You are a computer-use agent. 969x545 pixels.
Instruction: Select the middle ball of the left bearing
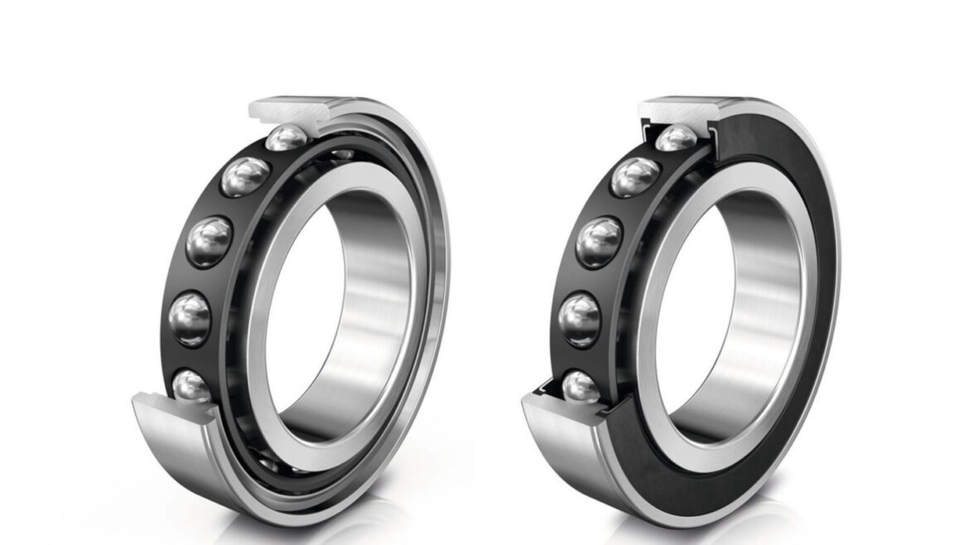pos(209,242)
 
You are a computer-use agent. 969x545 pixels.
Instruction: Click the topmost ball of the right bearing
pos(676,137)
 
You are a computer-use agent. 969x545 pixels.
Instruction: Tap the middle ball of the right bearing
pos(599,242)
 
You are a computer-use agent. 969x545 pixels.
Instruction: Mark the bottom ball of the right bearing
pos(582,387)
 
